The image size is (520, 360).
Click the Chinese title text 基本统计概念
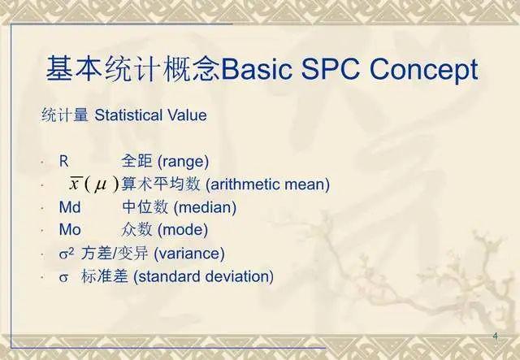(131, 71)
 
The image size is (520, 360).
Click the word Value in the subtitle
(188, 115)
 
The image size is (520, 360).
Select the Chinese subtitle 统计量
(66, 115)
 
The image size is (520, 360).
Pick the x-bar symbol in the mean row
(76, 184)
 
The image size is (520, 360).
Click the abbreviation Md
(69, 207)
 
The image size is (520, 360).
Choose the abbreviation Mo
(69, 230)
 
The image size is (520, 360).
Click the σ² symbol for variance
(67, 253)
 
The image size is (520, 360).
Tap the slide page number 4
(495, 336)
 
